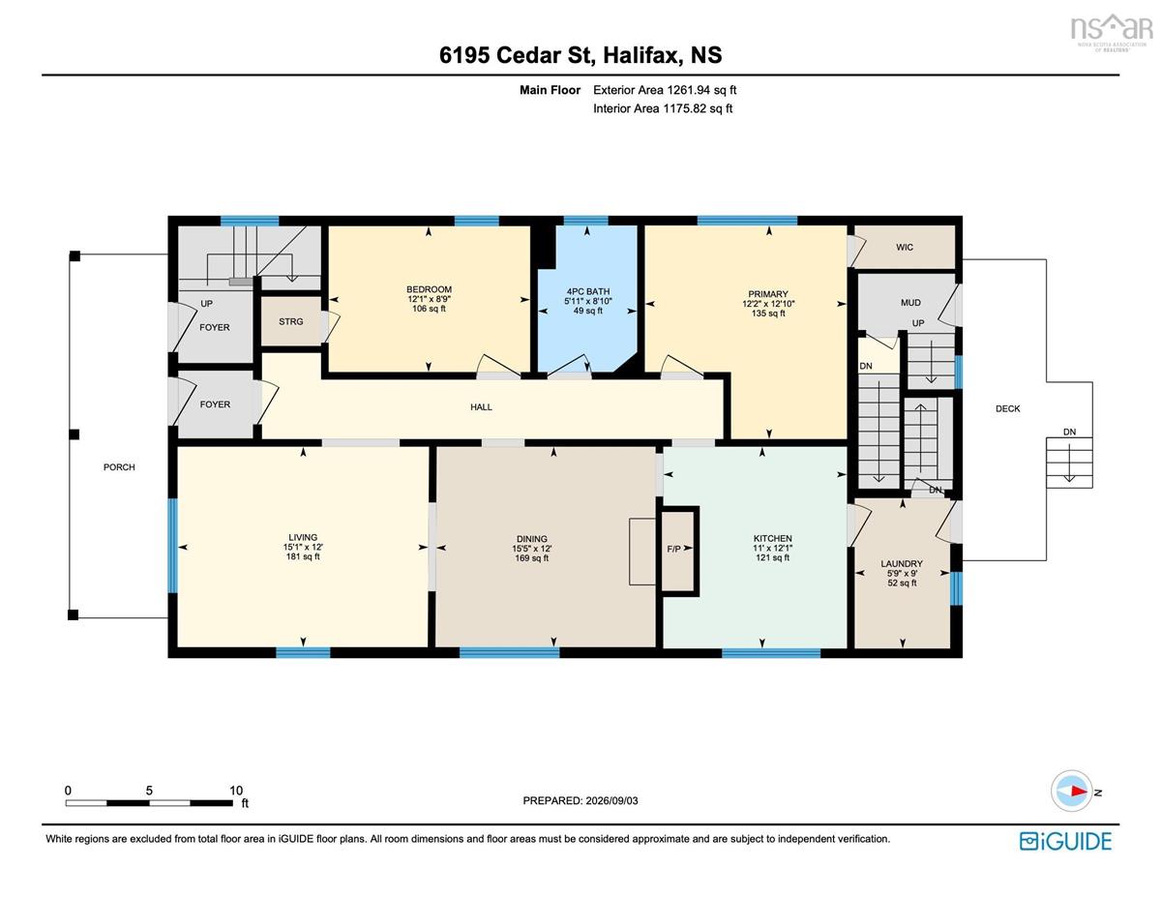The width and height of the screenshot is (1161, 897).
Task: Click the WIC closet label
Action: coord(904,248)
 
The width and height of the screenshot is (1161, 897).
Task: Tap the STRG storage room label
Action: coord(290,321)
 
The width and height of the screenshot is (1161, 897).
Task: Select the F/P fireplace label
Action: coord(673,549)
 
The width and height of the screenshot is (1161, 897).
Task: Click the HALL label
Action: coord(481,407)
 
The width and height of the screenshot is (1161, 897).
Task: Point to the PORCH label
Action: coord(119,467)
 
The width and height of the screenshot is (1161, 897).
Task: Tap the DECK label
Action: coord(1008,408)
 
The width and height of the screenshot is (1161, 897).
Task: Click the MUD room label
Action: coord(910,302)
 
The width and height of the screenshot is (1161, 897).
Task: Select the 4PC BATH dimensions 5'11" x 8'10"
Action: coord(587,301)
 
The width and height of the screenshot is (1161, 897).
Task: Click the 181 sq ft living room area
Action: coord(303,556)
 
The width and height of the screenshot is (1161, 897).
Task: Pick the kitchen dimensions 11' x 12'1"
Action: coord(773,548)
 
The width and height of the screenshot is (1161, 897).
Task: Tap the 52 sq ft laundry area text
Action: coord(902,583)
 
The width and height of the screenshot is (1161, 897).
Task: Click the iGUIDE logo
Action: coord(1065,842)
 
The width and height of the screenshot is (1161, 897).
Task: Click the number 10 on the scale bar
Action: coord(236,791)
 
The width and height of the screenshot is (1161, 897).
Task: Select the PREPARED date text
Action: coord(580,800)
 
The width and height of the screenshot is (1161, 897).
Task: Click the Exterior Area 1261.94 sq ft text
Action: coord(665,90)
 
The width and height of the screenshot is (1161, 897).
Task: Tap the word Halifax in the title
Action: coord(642,55)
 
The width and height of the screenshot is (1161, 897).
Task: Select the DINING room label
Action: coord(531,539)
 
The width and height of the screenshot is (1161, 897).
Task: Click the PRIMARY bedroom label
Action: coord(768,294)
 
